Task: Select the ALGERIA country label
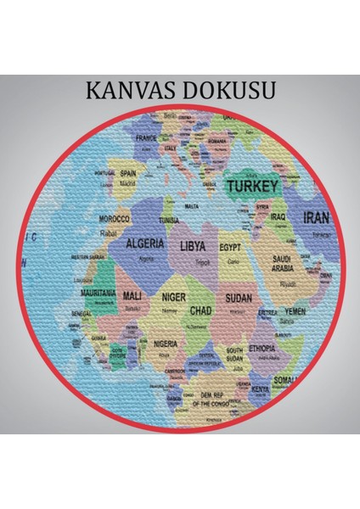(x=145, y=243)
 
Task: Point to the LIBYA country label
(x=193, y=246)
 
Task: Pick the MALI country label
(x=132, y=295)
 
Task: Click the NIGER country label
(x=173, y=298)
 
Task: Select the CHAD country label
(x=200, y=310)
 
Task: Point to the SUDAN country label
(x=239, y=299)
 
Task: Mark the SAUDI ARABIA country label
(x=283, y=263)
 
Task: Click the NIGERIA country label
(x=166, y=344)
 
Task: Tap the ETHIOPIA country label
(x=262, y=348)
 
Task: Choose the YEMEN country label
(x=295, y=311)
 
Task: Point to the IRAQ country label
(x=278, y=216)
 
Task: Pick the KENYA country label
(x=261, y=389)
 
